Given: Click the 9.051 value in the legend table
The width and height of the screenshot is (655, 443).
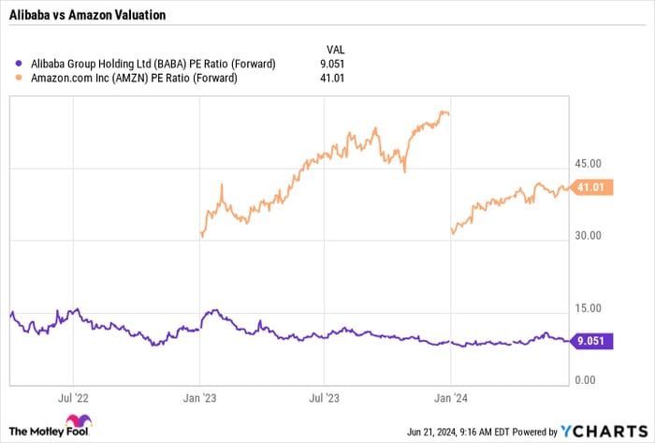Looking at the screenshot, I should pyautogui.click(x=333, y=64).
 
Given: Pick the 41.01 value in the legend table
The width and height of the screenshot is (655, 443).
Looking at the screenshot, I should pyautogui.click(x=333, y=78).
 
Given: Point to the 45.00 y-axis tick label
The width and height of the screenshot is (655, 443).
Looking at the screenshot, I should pyautogui.click(x=589, y=166).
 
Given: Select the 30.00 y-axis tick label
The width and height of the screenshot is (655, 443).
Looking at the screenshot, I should pyautogui.click(x=589, y=237).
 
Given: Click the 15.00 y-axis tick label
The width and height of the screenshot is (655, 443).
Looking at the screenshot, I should pyautogui.click(x=589, y=308).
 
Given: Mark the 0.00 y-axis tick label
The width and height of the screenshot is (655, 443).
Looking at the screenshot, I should pyautogui.click(x=587, y=378).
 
